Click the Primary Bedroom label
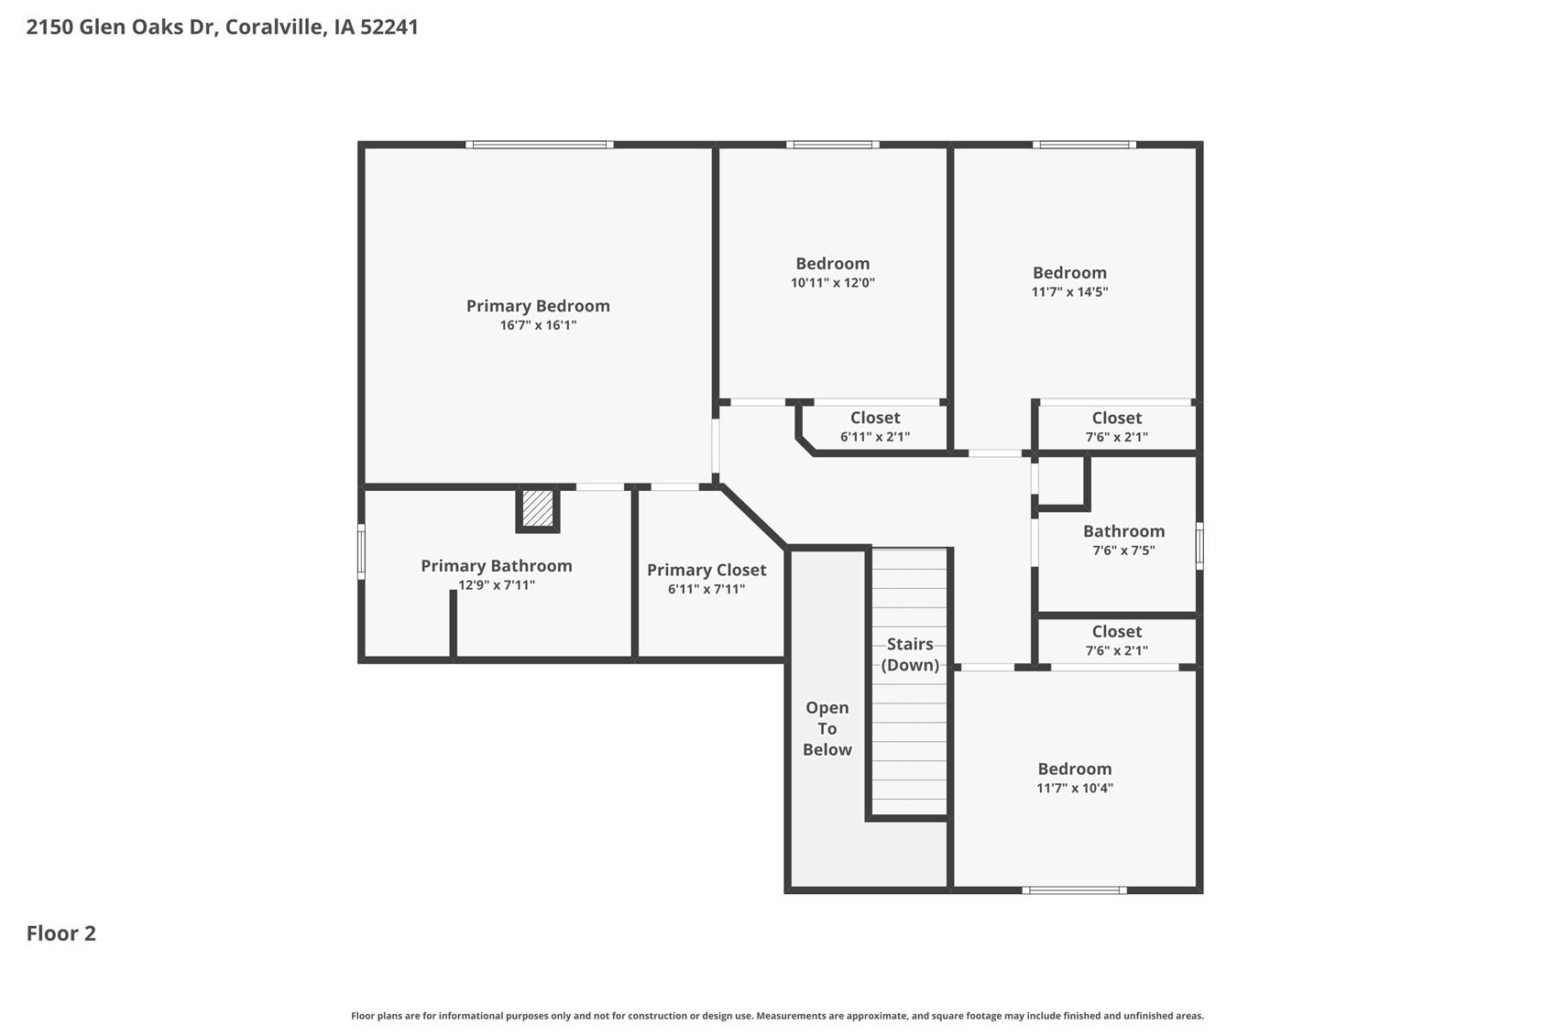point(538,306)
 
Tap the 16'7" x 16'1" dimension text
point(538,325)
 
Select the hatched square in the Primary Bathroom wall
point(537,508)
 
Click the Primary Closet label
point(706,570)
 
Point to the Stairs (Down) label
point(910,654)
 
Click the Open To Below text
point(827,728)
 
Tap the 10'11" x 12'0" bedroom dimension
point(832,282)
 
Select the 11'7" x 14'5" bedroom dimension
point(1069,291)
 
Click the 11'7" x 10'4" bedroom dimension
point(1075,788)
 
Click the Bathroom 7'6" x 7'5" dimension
point(1123,551)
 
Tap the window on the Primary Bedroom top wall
point(540,145)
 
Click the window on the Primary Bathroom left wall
point(361,551)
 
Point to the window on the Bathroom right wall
point(1199,546)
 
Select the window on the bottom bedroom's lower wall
point(1074,890)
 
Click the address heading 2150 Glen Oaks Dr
point(123,27)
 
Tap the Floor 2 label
point(61,933)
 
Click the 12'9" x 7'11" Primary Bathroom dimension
point(497,585)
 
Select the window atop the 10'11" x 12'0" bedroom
point(832,145)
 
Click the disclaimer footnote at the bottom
point(777,1016)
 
